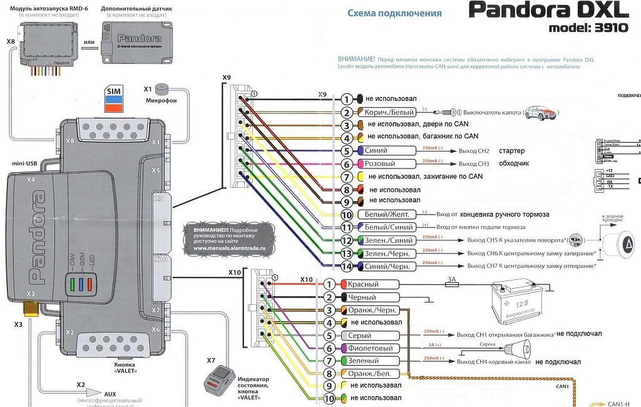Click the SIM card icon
pyautogui.click(x=113, y=100)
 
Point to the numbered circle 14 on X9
pyautogui.click(x=347, y=267)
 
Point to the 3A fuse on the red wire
pyautogui.click(x=453, y=284)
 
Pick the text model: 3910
pyautogui.click(x=592, y=28)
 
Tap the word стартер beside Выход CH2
pyautogui.click(x=511, y=151)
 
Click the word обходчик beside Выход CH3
pyautogui.click(x=514, y=164)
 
